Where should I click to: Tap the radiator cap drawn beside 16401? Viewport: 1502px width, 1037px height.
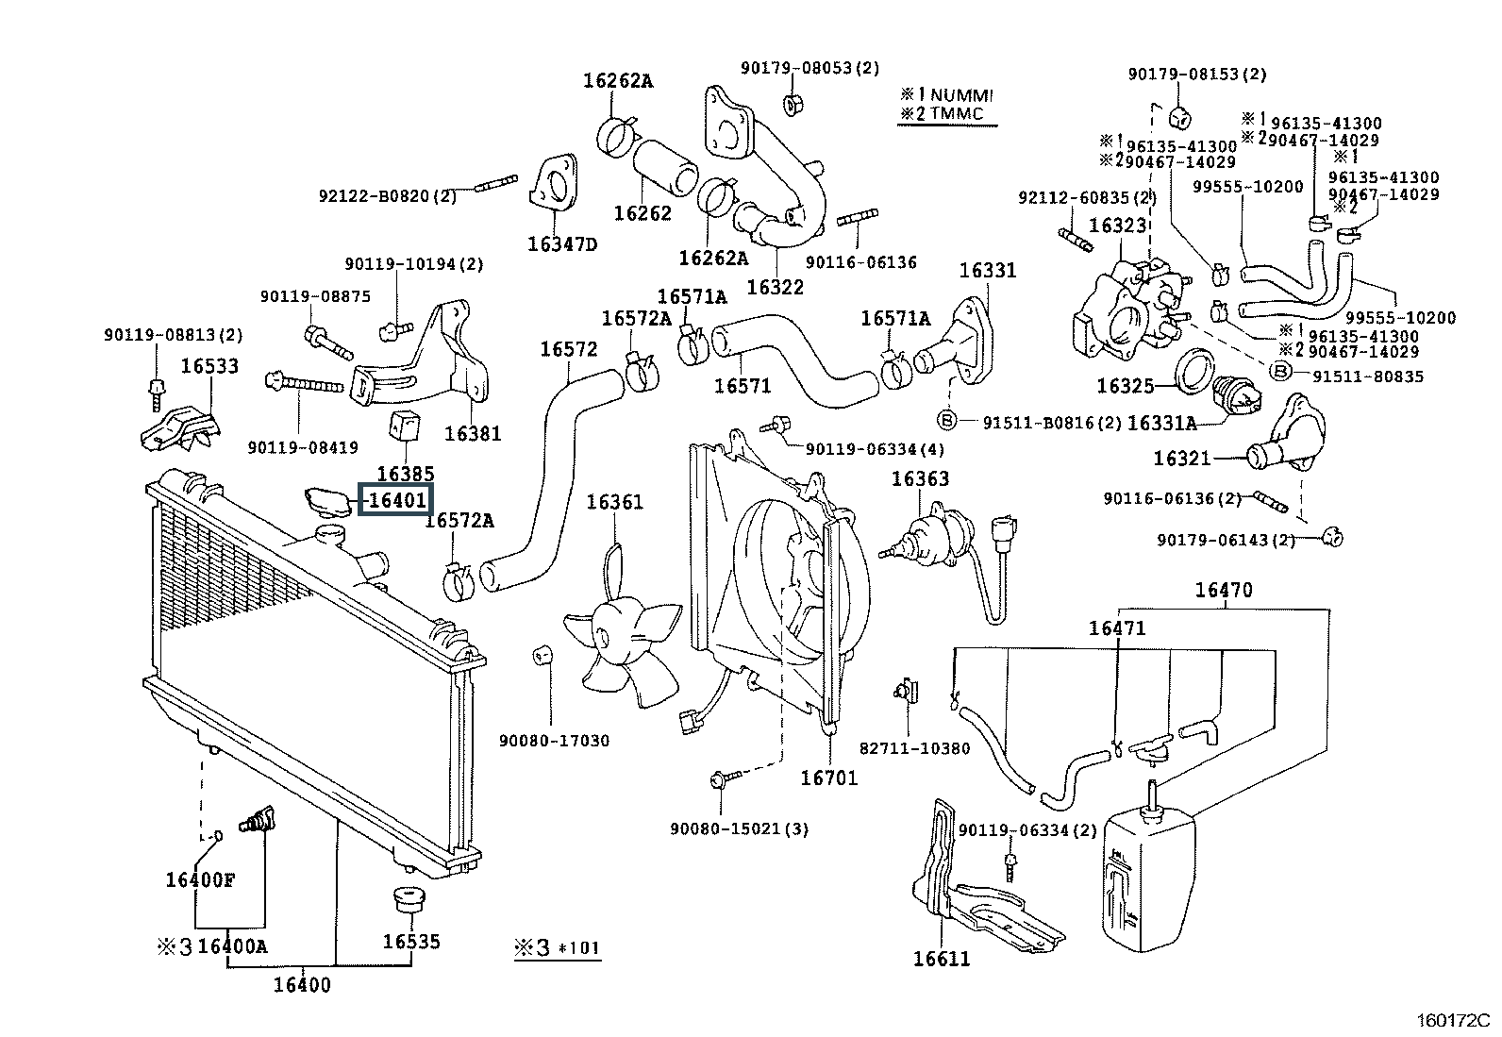pos(326,502)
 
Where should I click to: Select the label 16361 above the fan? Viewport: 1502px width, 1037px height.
pos(614,502)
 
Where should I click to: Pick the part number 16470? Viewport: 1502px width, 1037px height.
pos(1224,590)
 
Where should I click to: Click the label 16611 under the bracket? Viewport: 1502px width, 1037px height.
pos(942,959)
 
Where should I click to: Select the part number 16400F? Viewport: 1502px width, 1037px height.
pos(200,879)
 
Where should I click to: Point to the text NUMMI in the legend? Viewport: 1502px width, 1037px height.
pos(961,95)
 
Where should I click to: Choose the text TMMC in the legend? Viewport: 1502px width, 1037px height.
pos(957,113)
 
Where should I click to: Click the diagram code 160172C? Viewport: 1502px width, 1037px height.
pos(1452,1020)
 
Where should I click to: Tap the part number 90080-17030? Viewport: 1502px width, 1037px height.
pos(554,741)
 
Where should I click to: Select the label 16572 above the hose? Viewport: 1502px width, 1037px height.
pos(569,349)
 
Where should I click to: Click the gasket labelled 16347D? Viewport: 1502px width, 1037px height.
pos(554,182)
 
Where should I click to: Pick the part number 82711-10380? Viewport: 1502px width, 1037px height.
pos(914,748)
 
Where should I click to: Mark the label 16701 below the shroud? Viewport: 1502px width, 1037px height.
pos(828,778)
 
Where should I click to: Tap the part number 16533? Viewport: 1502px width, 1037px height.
pos(209,365)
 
